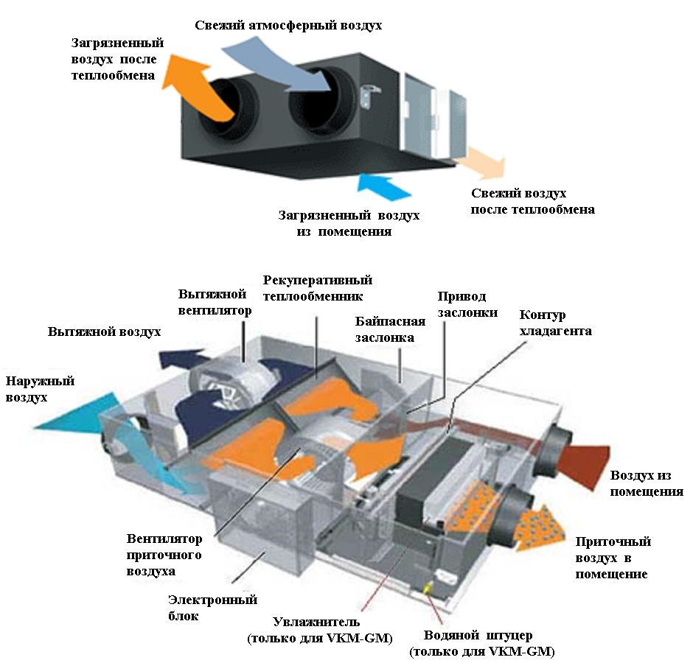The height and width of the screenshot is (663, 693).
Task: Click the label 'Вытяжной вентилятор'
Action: coord(215,301)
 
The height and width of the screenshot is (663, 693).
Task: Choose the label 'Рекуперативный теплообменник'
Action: coord(318,288)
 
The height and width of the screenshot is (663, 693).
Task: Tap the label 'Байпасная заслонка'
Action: coord(389,329)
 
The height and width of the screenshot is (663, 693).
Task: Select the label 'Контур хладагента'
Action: coord(555,323)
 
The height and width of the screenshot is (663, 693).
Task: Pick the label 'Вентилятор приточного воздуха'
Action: coord(164,555)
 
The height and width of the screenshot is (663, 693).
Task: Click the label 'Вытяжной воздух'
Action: coord(104,331)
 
